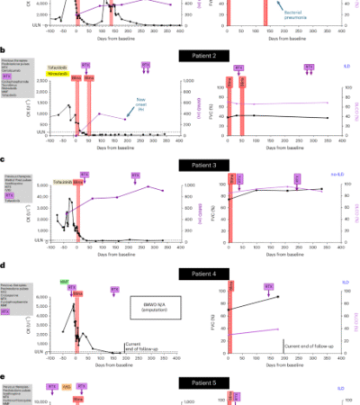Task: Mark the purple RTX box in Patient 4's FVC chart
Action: pyautogui.click(x=268, y=286)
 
